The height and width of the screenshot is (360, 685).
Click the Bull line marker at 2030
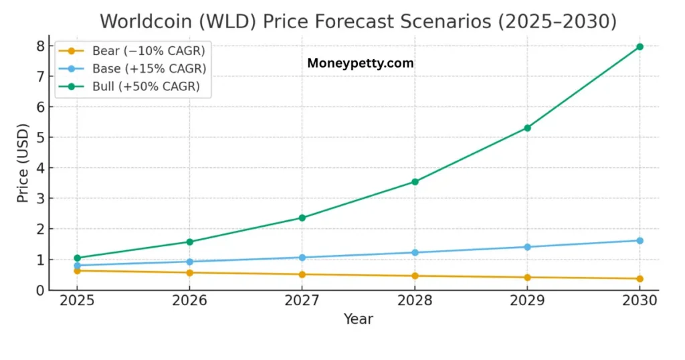point(640,47)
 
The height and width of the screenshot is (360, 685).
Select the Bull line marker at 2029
point(527,128)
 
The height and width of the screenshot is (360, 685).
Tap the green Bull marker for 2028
point(415,181)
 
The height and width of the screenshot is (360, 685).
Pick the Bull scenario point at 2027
point(302,217)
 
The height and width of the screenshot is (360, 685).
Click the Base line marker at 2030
point(640,240)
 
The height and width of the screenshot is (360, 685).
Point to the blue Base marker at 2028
point(415,252)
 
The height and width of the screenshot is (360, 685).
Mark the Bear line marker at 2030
point(640,278)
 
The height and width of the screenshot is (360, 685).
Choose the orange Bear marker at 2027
point(302,274)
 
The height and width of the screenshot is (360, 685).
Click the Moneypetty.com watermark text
point(360,64)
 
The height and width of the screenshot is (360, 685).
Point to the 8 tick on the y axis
point(40,46)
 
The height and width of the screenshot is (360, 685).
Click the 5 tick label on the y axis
point(40,137)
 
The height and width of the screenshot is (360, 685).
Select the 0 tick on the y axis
point(40,290)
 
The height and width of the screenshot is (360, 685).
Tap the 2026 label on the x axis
point(190,300)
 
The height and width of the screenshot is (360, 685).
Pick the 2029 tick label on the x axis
point(527,300)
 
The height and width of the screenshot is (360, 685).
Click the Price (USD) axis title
point(23,163)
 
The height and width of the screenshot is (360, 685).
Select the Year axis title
point(358,319)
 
